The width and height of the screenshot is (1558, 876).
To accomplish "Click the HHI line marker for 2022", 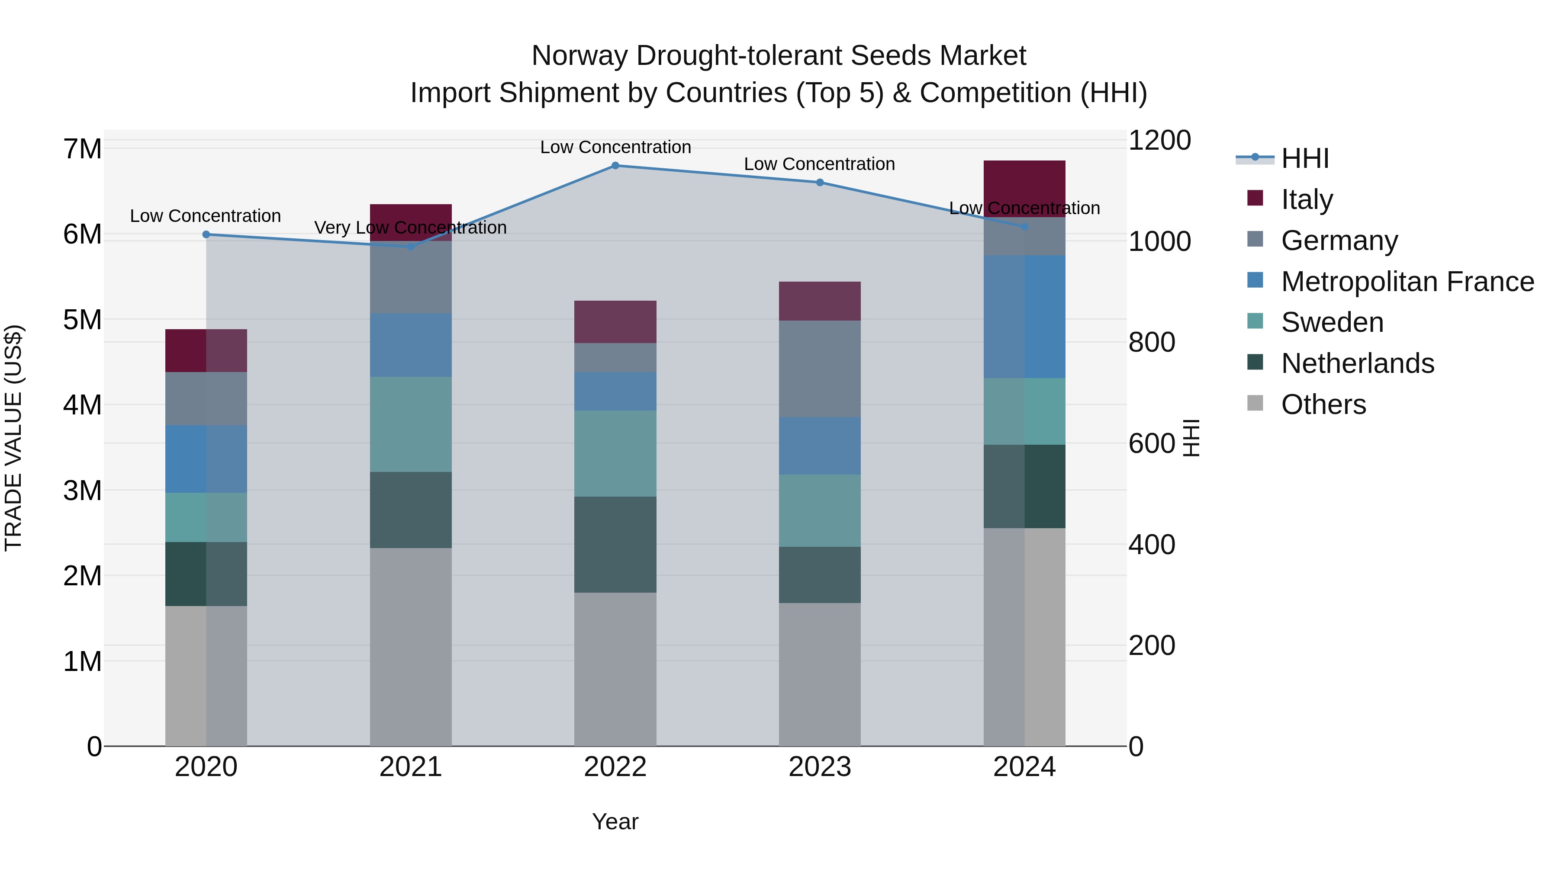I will [615, 166].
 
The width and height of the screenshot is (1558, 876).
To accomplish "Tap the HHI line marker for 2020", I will [206, 234].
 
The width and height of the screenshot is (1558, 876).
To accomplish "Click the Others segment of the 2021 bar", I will [411, 647].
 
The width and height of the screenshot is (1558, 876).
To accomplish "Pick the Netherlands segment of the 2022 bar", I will [615, 544].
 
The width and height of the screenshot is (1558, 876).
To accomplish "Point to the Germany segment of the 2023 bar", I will [820, 369].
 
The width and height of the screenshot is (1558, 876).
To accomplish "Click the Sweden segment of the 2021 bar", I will [411, 424].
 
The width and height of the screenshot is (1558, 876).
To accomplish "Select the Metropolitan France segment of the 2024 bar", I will [1024, 317].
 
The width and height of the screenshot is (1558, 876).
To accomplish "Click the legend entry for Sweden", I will [1331, 322].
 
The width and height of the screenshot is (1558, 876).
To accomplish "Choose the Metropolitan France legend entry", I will [1407, 282].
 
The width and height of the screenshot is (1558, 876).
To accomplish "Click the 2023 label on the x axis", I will [820, 767].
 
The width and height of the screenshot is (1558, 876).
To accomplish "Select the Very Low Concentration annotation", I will [411, 228].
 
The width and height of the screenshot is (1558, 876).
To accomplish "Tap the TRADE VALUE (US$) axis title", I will [13, 438].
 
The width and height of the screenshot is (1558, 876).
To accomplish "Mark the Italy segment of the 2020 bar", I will [206, 351].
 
